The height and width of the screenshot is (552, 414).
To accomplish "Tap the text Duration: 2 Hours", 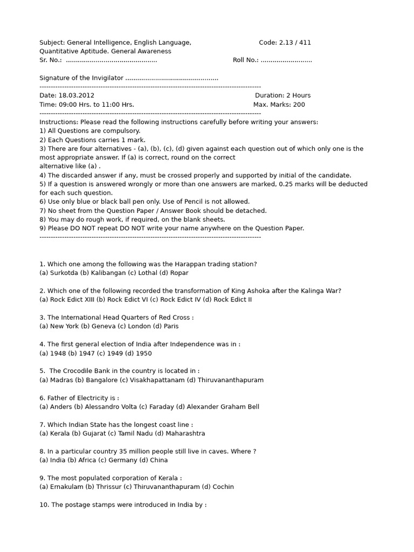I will [282, 95].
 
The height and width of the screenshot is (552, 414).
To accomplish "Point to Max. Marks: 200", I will [279, 105].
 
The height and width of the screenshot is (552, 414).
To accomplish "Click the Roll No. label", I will [245, 60].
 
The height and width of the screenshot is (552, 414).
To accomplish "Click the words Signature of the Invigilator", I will [81, 78].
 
